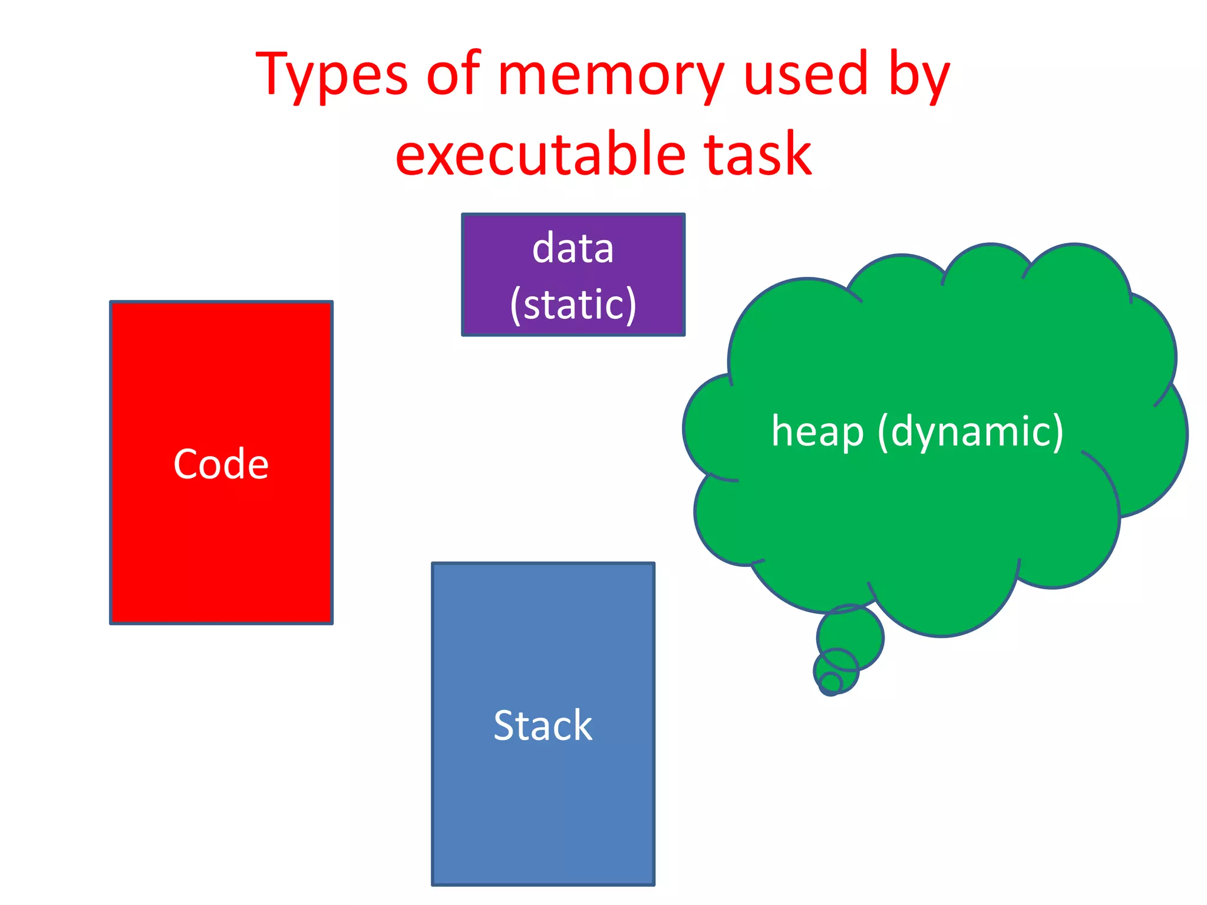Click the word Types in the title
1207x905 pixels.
(x=331, y=75)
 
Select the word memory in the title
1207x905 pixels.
(x=611, y=75)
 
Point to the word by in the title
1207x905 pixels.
(x=919, y=75)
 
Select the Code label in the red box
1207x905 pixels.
(x=221, y=464)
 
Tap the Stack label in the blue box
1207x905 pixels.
(x=543, y=725)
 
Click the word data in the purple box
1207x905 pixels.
(x=573, y=249)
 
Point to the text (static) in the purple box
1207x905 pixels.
(x=573, y=305)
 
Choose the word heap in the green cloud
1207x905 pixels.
(x=817, y=432)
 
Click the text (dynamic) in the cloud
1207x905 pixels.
(x=970, y=432)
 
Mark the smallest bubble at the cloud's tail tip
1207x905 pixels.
(x=830, y=684)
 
